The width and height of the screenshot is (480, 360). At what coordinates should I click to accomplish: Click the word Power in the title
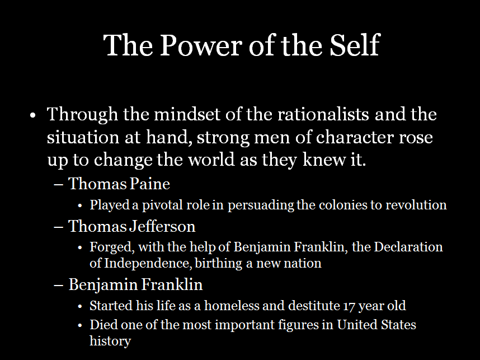tap(201, 45)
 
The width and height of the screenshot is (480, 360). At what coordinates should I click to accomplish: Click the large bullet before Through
tap(33, 115)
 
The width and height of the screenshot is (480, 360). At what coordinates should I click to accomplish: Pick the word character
tap(355, 137)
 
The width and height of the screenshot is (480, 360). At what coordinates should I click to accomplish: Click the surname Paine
tap(150, 184)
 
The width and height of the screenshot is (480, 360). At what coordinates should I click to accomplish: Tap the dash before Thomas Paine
tap(58, 184)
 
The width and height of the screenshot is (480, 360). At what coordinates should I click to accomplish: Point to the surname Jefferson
tap(162, 226)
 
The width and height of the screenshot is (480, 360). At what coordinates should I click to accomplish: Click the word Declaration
tap(408, 247)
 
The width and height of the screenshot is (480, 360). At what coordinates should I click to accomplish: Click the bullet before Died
tap(80, 325)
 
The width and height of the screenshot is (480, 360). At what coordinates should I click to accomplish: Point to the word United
tap(357, 325)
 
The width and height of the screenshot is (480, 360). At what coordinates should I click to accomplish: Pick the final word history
tap(110, 342)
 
